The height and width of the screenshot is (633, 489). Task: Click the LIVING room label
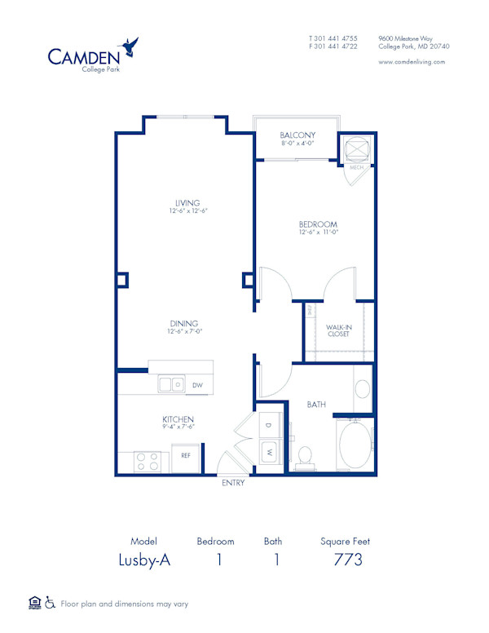[x=187, y=203]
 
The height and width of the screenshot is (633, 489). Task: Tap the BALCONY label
[x=297, y=135]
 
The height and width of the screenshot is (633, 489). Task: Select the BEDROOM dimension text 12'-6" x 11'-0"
[x=318, y=232]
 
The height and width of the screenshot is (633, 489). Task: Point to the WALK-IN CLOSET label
[x=338, y=330]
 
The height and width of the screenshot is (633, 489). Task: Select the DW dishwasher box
[x=197, y=385]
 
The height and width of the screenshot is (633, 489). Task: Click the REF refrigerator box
[x=186, y=456]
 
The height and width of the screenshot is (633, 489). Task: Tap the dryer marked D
[x=269, y=426]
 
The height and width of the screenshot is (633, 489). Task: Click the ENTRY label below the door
[x=233, y=483]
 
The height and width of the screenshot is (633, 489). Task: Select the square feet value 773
[x=348, y=560]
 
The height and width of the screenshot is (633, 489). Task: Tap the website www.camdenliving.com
[x=412, y=62]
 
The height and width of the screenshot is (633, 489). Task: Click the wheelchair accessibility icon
[x=50, y=604]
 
